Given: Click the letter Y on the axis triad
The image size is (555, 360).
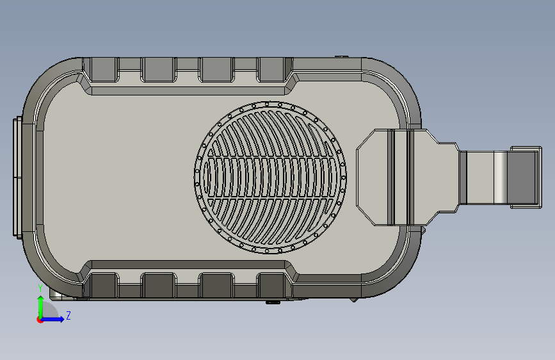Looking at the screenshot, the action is click(x=40, y=288).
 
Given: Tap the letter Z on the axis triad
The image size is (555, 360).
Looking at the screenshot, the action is click(x=68, y=315).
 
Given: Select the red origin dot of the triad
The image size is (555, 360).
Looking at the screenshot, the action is click(x=40, y=320).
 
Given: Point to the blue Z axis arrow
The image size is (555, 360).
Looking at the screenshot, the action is click(x=52, y=319).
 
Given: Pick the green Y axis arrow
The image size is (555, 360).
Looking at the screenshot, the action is click(x=41, y=307).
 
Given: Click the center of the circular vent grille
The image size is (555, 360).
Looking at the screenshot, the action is click(x=270, y=177).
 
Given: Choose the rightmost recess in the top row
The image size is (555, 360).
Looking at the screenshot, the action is click(x=272, y=70).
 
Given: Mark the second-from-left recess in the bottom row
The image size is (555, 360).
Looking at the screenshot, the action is click(x=158, y=285).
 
